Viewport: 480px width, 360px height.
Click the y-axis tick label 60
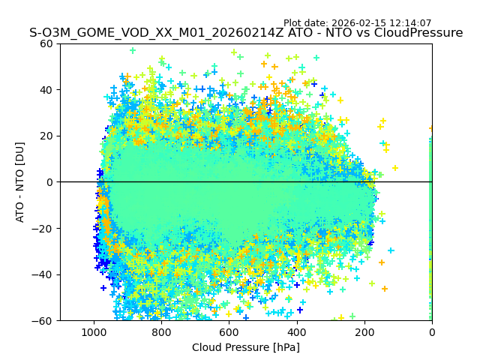(x=45, y=43)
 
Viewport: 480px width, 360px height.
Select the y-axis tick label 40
(x=45, y=90)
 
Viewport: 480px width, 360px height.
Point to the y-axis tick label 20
(x=45, y=136)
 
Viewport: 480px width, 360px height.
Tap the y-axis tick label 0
(x=48, y=182)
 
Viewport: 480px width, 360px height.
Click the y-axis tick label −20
(x=42, y=228)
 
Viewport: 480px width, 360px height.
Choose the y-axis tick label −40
(x=42, y=274)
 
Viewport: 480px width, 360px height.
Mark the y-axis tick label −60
(x=42, y=320)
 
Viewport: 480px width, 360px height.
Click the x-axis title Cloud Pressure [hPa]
(x=245, y=347)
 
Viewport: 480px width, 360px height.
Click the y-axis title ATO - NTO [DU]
(x=20, y=182)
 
